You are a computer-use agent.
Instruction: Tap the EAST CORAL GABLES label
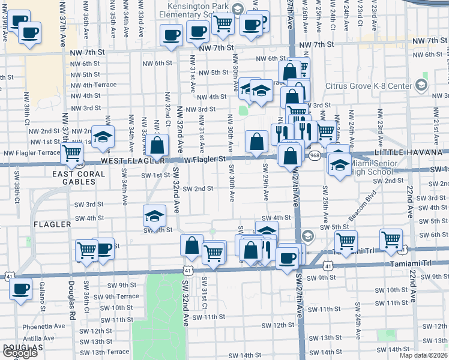point(78,178)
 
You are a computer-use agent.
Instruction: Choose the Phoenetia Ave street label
point(44,327)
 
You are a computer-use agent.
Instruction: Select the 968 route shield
point(315,155)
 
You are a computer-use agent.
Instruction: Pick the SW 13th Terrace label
point(100,352)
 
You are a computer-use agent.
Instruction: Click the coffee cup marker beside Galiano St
point(21,289)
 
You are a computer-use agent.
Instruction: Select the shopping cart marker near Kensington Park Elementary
point(223,24)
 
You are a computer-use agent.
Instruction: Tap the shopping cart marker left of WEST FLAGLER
point(73,153)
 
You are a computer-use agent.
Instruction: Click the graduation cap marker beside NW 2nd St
point(103,136)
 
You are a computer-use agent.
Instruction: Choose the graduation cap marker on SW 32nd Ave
point(154,216)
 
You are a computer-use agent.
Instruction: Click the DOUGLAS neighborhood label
point(22,347)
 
